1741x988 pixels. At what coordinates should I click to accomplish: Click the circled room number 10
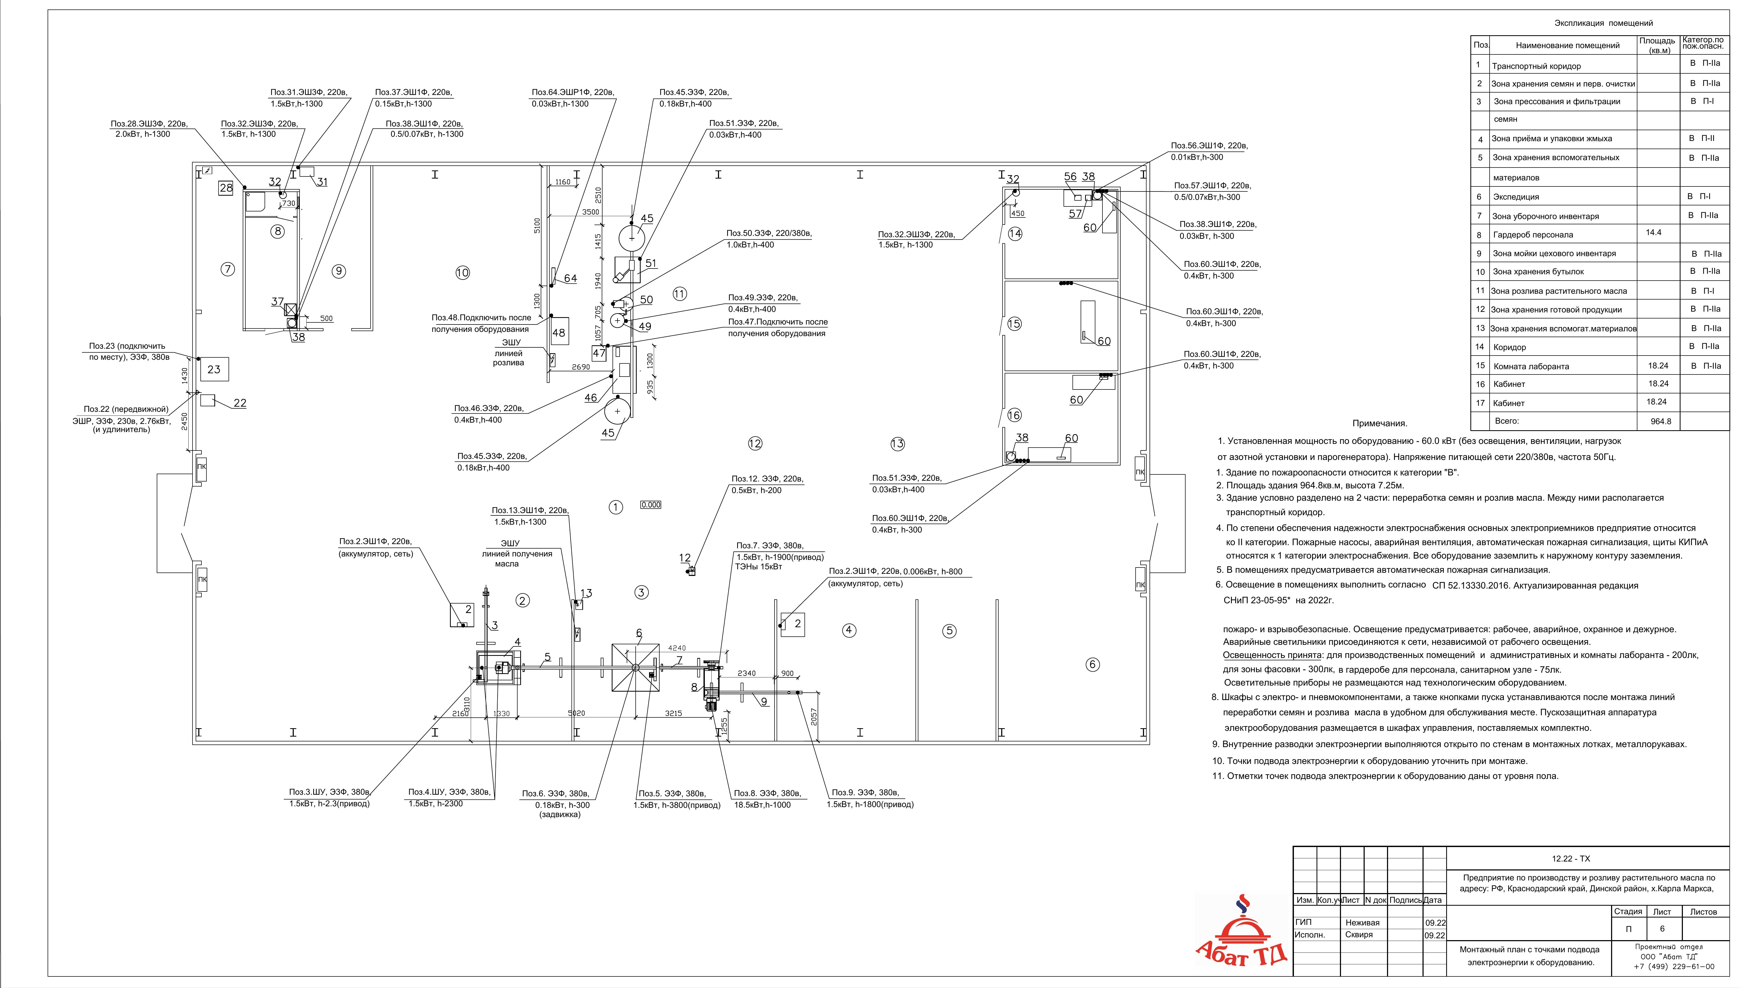coord(462,273)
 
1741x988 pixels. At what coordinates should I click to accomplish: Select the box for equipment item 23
coord(214,369)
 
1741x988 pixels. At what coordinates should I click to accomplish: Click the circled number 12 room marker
coord(755,444)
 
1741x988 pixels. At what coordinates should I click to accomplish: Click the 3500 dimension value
coord(591,212)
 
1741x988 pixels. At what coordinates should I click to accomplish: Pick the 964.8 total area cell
coord(1660,421)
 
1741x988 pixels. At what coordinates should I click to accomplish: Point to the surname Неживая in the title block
coord(1362,923)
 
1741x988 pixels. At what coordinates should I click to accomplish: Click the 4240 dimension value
coord(677,648)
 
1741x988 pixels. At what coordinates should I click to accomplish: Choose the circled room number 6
coord(1092,665)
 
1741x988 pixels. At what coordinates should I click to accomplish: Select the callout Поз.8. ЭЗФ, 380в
coord(767,793)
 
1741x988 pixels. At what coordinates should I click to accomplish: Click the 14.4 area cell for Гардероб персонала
coord(1653,233)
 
